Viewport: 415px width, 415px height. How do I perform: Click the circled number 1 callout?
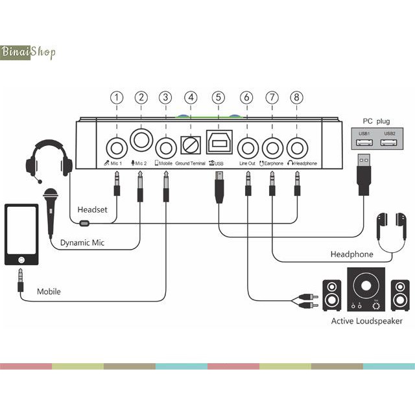click(116, 97)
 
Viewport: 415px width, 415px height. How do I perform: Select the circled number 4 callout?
click(191, 97)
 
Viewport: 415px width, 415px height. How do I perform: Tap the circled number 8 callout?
click(296, 97)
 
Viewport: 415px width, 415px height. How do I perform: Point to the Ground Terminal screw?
click(191, 145)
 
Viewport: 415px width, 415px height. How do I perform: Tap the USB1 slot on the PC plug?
click(363, 140)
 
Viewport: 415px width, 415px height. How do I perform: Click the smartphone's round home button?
click(21, 259)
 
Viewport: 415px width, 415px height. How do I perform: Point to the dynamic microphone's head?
click(50, 195)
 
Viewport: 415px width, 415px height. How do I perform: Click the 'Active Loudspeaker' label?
click(366, 321)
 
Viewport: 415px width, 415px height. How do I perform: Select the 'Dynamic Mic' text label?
click(82, 243)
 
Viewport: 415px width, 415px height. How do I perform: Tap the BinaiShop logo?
click(29, 51)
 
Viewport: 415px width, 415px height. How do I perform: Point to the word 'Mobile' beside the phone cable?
click(49, 292)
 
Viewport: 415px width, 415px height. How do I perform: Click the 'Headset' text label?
click(91, 209)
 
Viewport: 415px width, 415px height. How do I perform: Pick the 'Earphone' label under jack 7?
click(273, 164)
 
